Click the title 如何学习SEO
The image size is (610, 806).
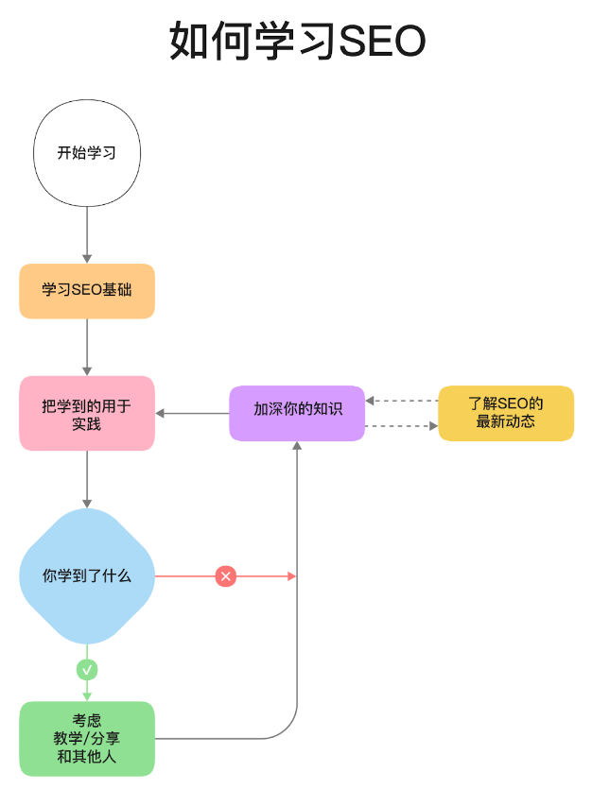(297, 42)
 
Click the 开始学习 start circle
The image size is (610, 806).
(87, 153)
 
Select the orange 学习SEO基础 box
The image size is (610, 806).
(87, 291)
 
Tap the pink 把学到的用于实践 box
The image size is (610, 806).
(87, 413)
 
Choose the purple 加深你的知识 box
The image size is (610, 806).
(297, 413)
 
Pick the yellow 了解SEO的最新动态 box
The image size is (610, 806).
(506, 413)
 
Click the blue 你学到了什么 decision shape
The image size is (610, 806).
(87, 575)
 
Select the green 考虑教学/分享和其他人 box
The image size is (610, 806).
(87, 738)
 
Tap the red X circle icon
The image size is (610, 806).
(225, 575)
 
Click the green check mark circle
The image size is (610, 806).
(87, 670)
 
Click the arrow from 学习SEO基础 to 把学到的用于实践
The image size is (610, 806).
(87, 347)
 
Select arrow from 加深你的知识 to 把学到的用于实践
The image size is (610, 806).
(193, 413)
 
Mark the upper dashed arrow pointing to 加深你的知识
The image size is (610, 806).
(401, 401)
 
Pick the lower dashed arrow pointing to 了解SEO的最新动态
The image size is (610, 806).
(401, 426)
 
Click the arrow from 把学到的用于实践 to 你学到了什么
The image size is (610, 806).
(87, 479)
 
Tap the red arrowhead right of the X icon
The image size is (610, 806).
(291, 575)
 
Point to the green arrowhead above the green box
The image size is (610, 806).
(87, 695)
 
